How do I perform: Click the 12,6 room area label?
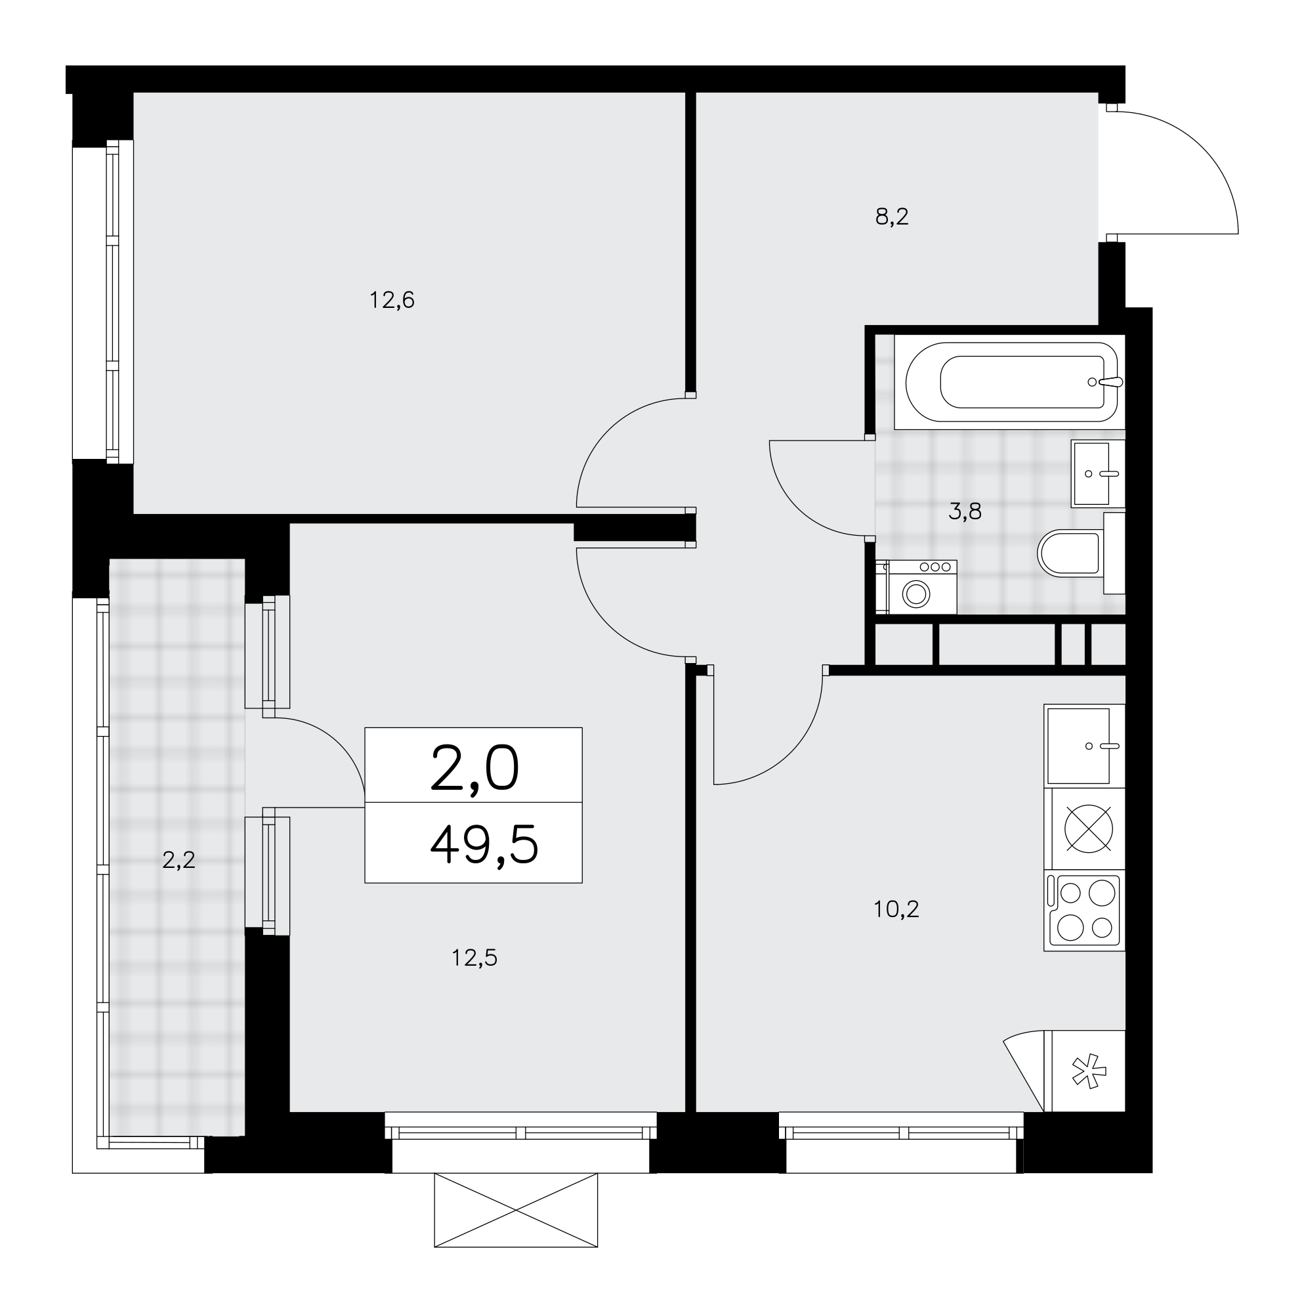(x=391, y=300)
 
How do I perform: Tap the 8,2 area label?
(x=891, y=217)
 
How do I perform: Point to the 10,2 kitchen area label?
(x=896, y=909)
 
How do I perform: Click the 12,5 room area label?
(x=474, y=958)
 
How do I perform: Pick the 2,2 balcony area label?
(x=179, y=861)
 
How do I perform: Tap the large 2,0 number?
(x=475, y=769)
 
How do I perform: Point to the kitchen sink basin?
(x=1078, y=746)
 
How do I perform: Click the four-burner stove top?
(x=1085, y=910)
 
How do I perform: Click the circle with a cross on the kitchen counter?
(x=1089, y=829)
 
